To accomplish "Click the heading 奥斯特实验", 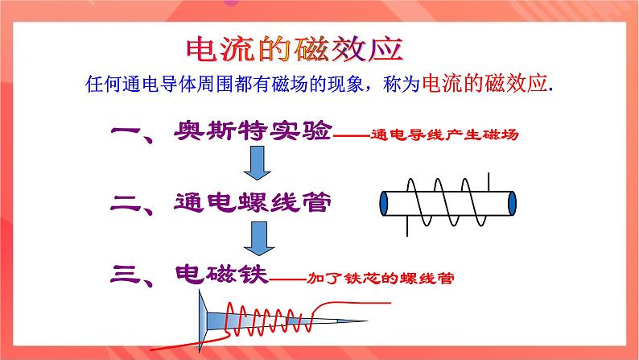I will [x=253, y=133].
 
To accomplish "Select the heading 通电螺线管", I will [x=252, y=203].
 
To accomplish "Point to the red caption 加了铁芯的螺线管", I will [x=381, y=279].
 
